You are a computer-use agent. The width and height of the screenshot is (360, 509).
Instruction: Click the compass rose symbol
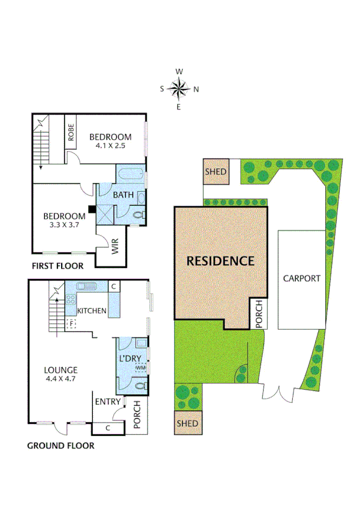pyautogui.click(x=179, y=89)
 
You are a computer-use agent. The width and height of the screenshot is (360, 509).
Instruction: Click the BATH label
pyautogui.click(x=123, y=195)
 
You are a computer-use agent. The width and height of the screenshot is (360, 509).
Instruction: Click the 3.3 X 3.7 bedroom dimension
pyautogui.click(x=64, y=225)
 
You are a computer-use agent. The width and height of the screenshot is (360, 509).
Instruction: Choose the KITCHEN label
pyautogui.click(x=92, y=311)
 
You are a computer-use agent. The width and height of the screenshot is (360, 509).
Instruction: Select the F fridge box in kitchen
pyautogui.click(x=71, y=324)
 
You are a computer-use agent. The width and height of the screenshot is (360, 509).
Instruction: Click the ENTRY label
pyautogui.click(x=108, y=402)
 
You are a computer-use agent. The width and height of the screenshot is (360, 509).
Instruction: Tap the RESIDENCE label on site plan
pyautogui.click(x=220, y=261)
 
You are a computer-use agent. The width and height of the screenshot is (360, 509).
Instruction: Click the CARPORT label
pyautogui.click(x=302, y=278)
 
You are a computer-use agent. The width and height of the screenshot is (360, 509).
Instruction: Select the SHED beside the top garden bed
pyautogui.click(x=216, y=171)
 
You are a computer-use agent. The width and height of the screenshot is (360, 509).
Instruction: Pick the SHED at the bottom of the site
pyautogui.click(x=187, y=424)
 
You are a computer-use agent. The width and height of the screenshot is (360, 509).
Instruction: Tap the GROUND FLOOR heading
pyautogui.click(x=60, y=445)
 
